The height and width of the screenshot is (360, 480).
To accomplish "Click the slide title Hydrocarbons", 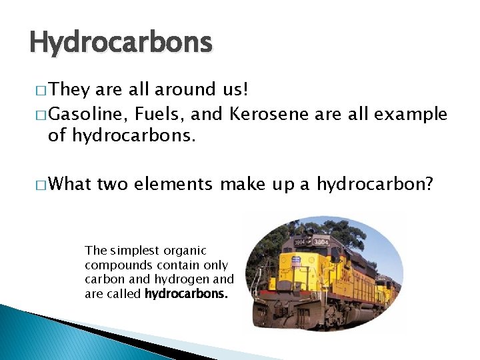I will tap(121, 43).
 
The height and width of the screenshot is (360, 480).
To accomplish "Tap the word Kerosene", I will tap(269, 115).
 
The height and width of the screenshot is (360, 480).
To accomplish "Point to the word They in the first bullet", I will tap(65, 89).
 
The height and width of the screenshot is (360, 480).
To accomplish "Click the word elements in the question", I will tap(173, 183).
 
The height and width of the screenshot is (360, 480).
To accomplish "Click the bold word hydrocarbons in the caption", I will tap(186, 293).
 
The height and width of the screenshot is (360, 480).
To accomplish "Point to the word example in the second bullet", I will tap(411, 115).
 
